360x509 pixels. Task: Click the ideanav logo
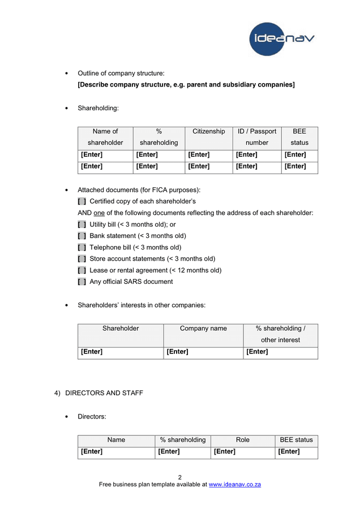pyautogui.click(x=281, y=38)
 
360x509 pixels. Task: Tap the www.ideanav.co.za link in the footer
pyautogui.click(x=234, y=484)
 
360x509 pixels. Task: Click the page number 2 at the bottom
pyautogui.click(x=180, y=477)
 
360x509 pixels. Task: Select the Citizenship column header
pyautogui.click(x=208, y=131)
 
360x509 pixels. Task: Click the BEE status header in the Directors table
pyautogui.click(x=296, y=439)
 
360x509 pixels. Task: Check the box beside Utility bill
pyautogui.click(x=82, y=225)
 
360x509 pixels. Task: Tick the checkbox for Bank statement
pyautogui.click(x=82, y=236)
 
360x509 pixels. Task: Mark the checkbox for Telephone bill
pyautogui.click(x=82, y=247)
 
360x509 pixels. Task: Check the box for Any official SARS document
pyautogui.click(x=82, y=282)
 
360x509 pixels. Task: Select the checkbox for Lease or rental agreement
pyautogui.click(x=82, y=270)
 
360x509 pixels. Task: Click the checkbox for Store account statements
pyautogui.click(x=82, y=259)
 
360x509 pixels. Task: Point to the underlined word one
pyautogui.click(x=99, y=213)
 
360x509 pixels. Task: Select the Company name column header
pyautogui.click(x=203, y=328)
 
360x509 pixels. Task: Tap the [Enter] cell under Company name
pyautogui.click(x=178, y=352)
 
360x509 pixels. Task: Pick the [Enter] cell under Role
pyautogui.click(x=224, y=451)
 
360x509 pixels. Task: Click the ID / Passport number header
pyautogui.click(x=257, y=137)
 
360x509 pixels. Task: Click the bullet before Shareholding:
pyautogui.click(x=67, y=108)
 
